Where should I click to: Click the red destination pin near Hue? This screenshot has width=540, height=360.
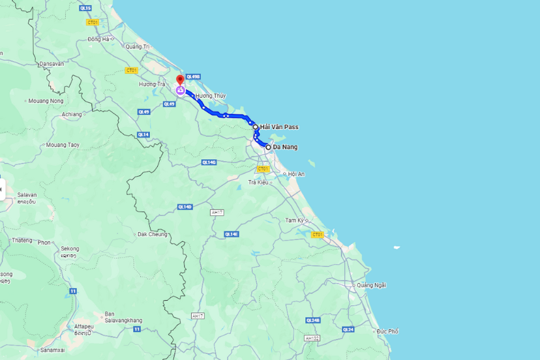coord(180,80)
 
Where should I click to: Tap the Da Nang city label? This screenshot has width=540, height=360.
coord(285,147)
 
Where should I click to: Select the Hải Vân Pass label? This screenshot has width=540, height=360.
coord(279,127)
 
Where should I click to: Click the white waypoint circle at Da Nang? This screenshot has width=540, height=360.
coord(268,147)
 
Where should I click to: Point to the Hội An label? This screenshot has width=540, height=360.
coord(296,174)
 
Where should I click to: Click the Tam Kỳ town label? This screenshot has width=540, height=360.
coord(295,220)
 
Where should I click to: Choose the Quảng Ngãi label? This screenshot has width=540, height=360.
coord(372,285)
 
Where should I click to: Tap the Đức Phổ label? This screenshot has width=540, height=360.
coord(387,331)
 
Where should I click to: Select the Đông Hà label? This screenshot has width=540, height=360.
coord(98,39)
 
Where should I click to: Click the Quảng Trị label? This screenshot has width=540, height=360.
coord(138,46)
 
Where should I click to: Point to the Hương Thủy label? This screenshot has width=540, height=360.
coord(210,96)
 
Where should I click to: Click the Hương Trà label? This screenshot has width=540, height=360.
coord(152,84)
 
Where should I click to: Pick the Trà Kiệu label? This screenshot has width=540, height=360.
coord(258,182)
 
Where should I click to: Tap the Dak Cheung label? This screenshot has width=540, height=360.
coord(152,234)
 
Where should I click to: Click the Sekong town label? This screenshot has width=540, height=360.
coord(70,248)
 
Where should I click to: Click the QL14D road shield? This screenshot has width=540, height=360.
coord(185,207)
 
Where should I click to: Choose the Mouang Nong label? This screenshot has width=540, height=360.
coord(46,101)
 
